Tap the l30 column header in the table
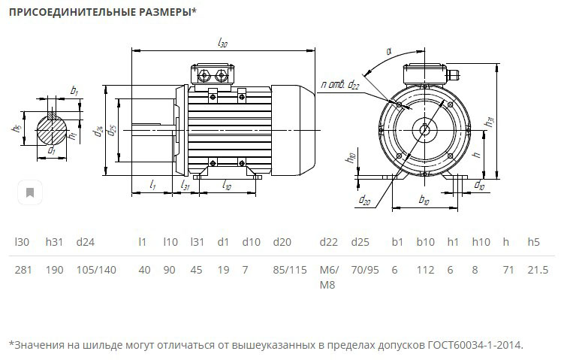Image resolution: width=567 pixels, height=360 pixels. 23,242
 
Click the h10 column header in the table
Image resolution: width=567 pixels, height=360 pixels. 481,242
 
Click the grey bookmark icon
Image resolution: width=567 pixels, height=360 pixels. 30,192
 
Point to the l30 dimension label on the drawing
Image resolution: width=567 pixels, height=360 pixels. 222,44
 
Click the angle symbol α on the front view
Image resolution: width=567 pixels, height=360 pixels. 389,51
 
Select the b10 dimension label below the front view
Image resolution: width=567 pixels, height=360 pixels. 425,200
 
